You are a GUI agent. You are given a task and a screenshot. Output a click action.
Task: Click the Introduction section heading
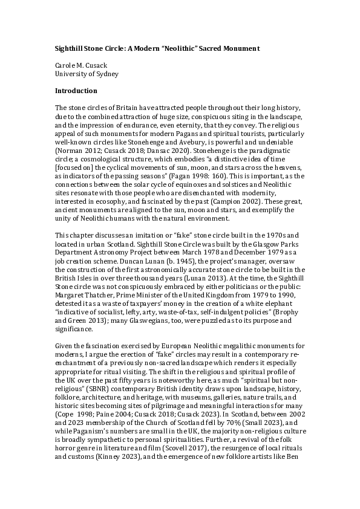click(x=76, y=91)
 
